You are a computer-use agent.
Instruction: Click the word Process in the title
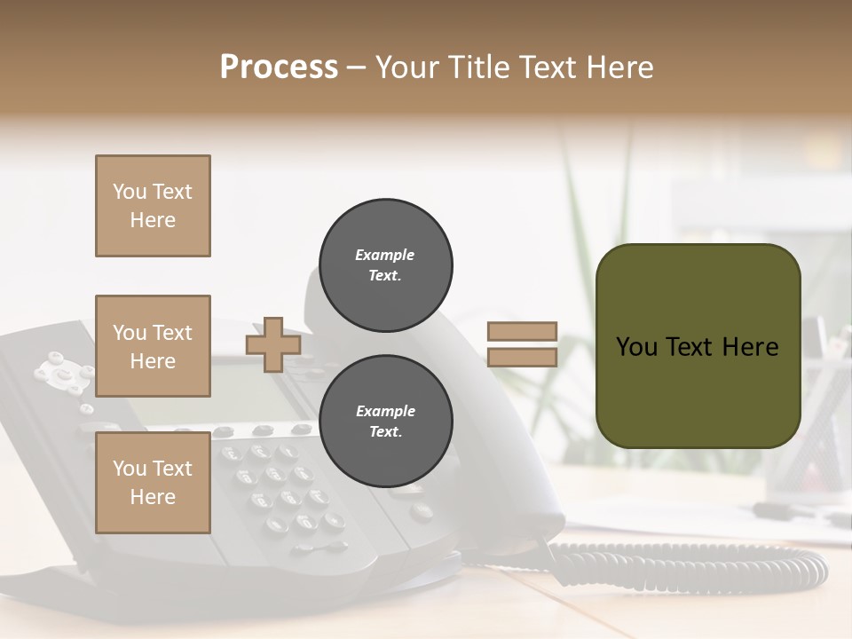point(279,67)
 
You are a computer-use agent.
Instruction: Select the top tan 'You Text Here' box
point(153,206)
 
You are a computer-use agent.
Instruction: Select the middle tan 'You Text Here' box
point(153,346)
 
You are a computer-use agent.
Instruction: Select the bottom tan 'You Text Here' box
point(153,482)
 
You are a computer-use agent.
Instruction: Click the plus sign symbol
point(273,344)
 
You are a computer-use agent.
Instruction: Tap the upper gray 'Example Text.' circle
point(385,265)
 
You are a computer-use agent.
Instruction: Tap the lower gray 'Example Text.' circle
point(385,422)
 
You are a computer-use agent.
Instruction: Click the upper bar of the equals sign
point(522,332)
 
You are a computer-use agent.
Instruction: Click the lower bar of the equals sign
point(522,358)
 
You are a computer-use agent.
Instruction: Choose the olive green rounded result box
point(698,346)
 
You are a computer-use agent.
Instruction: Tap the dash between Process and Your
point(357,68)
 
